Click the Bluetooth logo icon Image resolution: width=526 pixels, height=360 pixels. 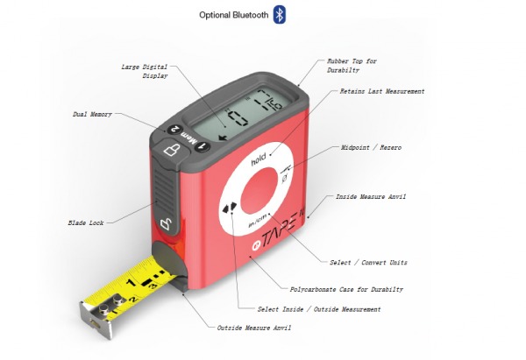click(280, 14)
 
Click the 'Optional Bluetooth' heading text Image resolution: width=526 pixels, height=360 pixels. click(234, 15)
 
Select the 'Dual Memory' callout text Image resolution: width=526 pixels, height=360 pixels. click(91, 114)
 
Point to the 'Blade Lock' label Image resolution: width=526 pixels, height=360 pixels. click(86, 222)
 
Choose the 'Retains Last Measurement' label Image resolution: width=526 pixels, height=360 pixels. click(382, 91)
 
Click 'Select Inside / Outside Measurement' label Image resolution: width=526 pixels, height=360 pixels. click(319, 308)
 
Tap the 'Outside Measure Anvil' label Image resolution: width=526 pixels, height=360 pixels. click(253, 328)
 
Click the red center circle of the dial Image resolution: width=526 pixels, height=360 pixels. click(259, 192)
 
